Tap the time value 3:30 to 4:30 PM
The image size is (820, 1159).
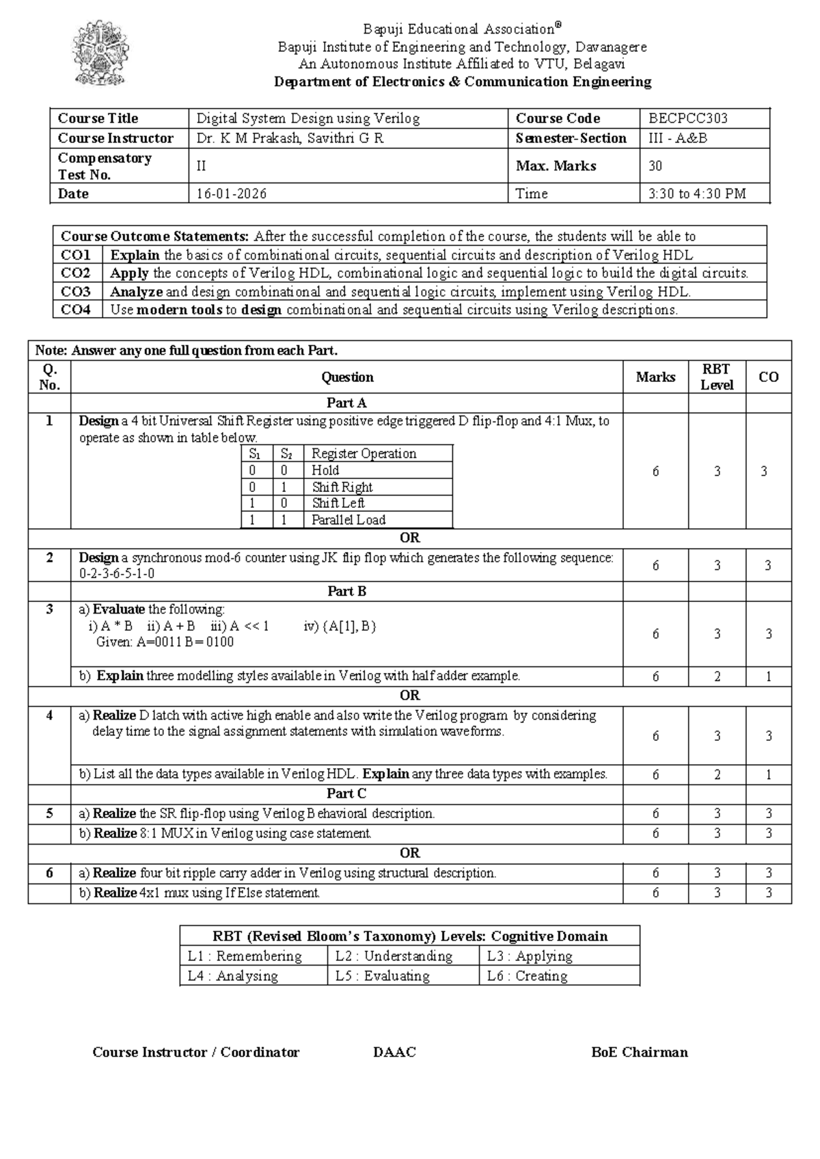pyautogui.click(x=696, y=194)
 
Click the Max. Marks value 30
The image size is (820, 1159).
pyautogui.click(x=655, y=166)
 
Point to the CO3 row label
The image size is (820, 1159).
pyautogui.click(x=76, y=292)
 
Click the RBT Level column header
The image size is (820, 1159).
pyautogui.click(x=716, y=377)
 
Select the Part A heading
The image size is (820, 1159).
pyautogui.click(x=346, y=403)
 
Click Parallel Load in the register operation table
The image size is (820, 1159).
pyautogui.click(x=348, y=520)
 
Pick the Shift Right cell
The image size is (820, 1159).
pyautogui.click(x=342, y=487)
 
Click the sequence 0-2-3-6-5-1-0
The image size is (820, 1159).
pyautogui.click(x=117, y=574)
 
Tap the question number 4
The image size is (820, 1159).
pyautogui.click(x=49, y=715)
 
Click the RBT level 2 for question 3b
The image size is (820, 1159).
pyautogui.click(x=717, y=677)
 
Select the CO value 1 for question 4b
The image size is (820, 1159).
pyautogui.click(x=768, y=774)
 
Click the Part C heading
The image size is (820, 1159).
pyautogui.click(x=346, y=793)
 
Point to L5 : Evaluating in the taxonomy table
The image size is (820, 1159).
pyautogui.click(x=382, y=976)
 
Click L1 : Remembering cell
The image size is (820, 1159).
pyautogui.click(x=245, y=956)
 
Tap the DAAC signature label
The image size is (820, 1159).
pyautogui.click(x=394, y=1052)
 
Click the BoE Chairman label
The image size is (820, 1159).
pyautogui.click(x=639, y=1052)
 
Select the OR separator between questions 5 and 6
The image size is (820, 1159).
pyautogui.click(x=409, y=853)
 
